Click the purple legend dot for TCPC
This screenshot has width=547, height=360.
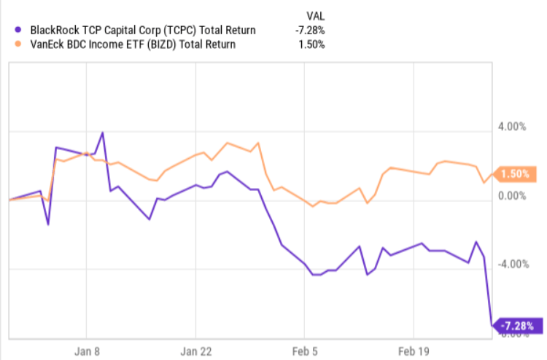(x=18, y=30)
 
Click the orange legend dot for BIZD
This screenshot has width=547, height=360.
(x=18, y=44)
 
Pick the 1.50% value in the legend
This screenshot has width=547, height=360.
(x=311, y=44)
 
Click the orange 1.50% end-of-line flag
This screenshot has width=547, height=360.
(x=517, y=174)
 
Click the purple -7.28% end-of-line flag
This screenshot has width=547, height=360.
(x=519, y=325)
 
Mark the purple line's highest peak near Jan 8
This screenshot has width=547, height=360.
(x=103, y=133)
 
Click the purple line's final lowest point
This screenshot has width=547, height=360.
(x=492, y=325)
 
